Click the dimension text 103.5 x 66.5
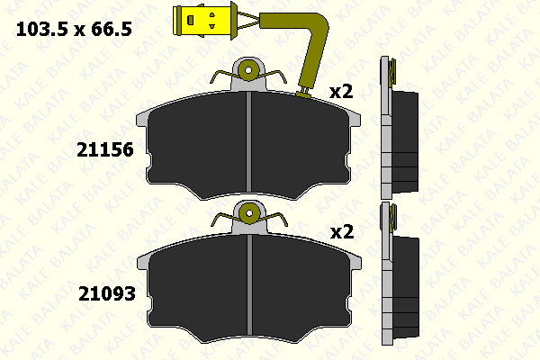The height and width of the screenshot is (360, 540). (74, 29)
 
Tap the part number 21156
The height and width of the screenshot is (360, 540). (105, 150)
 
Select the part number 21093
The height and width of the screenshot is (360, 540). (107, 294)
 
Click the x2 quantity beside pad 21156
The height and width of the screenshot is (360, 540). (341, 92)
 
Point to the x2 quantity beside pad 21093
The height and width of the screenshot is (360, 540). (342, 232)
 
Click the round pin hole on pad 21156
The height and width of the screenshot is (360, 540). (248, 70)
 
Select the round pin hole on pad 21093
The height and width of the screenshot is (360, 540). (249, 213)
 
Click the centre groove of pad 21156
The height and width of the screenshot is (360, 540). (248, 141)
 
